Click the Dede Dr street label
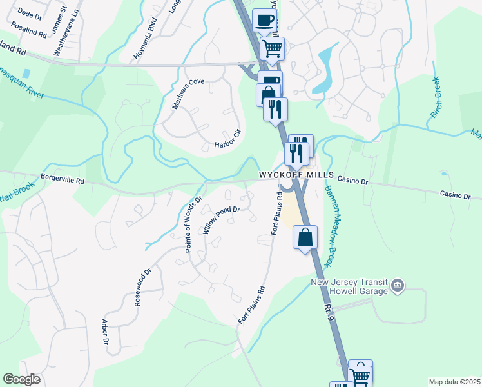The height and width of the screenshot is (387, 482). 30,12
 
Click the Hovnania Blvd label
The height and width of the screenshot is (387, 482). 142,37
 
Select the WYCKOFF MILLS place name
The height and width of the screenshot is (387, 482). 296,175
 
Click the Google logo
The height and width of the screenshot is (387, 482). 21,379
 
